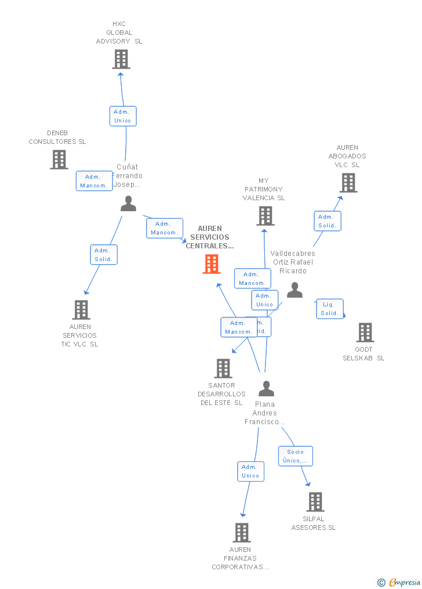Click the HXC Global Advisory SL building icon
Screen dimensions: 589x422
click(x=121, y=59)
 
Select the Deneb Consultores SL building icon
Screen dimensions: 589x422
click(x=59, y=160)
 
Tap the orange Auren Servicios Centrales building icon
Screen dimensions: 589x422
click(x=212, y=264)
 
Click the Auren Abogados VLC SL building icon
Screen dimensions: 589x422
click(x=348, y=183)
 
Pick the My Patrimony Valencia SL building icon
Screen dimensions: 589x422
click(x=265, y=216)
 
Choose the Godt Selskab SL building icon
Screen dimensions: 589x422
click(x=365, y=333)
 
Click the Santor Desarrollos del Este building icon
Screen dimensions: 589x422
click(x=223, y=368)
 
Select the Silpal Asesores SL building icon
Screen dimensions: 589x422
click(x=315, y=501)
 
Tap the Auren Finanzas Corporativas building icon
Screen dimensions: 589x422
click(x=242, y=532)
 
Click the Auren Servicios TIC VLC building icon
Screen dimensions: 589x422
click(x=81, y=310)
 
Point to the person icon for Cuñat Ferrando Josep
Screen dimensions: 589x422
click(x=128, y=204)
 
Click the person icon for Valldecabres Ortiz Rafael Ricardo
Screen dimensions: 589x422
click(x=294, y=290)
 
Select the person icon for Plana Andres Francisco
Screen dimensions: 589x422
click(x=266, y=389)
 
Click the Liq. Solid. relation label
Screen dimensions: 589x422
click(x=330, y=309)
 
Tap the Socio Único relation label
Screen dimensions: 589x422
click(x=296, y=456)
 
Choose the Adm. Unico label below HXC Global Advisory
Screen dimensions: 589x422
click(x=123, y=116)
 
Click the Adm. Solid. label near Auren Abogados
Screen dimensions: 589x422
click(x=328, y=221)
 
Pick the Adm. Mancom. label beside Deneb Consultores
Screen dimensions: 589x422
click(x=94, y=181)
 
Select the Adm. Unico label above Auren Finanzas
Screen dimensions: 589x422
click(x=250, y=471)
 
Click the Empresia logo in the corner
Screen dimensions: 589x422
click(x=400, y=583)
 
